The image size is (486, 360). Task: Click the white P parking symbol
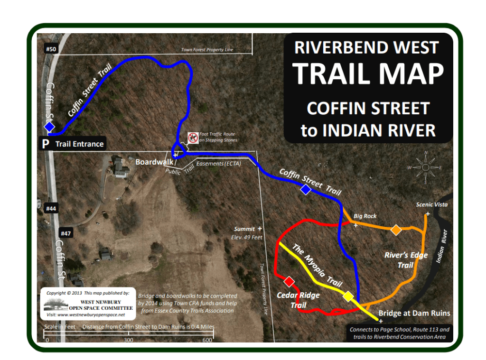pos(46,144)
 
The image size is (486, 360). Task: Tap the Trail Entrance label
pos(79,144)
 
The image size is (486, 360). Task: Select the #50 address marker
pos(51,49)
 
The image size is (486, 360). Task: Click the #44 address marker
pos(51,208)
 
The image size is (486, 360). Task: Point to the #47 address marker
pos(65,233)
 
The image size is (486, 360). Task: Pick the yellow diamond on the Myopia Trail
pos(348,296)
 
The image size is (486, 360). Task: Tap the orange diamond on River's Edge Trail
pos(396,230)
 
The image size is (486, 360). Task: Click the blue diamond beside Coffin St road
pos(49,127)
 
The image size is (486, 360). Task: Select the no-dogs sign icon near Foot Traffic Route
pos(192,138)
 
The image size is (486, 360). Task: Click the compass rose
pos(425,167)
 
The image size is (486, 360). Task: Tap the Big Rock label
pos(364,216)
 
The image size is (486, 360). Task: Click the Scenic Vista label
pos(431,204)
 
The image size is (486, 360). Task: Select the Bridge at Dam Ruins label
pos(414,313)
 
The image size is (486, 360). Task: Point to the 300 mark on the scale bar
pos(128,340)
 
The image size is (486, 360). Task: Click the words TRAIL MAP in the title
pos(368,73)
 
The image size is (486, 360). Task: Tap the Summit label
pos(244,229)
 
